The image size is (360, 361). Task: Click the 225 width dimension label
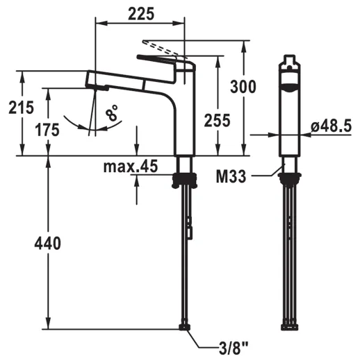point(141,14)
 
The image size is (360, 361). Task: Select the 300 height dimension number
point(243,87)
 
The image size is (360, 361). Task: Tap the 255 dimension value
point(217,121)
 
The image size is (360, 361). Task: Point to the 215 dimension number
point(21,108)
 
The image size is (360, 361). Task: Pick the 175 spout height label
point(47,130)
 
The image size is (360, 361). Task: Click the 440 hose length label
point(48,243)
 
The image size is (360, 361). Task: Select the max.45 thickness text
point(131,166)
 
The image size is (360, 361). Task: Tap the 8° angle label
point(112,112)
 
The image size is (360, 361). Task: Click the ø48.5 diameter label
point(332,126)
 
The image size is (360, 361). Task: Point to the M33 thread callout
point(231,176)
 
